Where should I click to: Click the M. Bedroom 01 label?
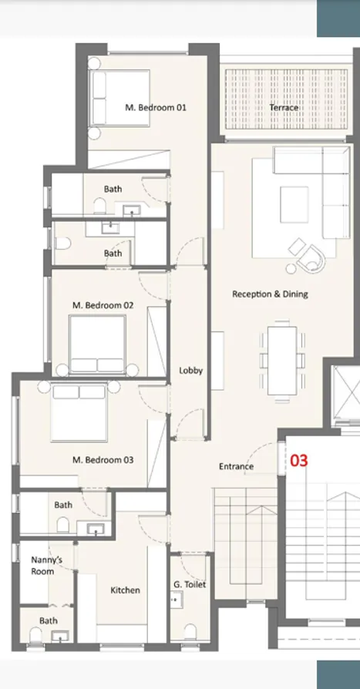tap(156, 108)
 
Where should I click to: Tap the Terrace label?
tap(284, 108)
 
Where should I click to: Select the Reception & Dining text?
tap(270, 294)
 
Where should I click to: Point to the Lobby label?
tap(190, 371)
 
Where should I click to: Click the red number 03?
tap(298, 460)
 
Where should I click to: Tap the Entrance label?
tap(236, 466)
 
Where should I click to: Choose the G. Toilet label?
tap(190, 585)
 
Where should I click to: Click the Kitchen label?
tap(125, 590)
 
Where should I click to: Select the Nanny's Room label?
tap(42, 566)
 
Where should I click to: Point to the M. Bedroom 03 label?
tap(103, 460)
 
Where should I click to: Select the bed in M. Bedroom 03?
tap(79, 413)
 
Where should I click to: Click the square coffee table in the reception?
tap(294, 203)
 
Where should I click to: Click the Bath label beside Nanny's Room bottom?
tap(49, 620)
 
